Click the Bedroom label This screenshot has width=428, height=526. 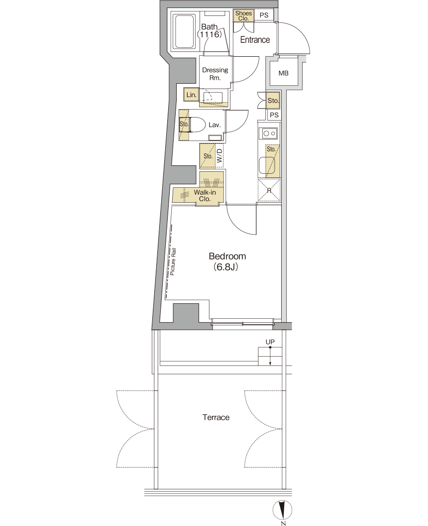pyautogui.click(x=227, y=257)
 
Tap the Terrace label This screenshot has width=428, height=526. pyautogui.click(x=216, y=417)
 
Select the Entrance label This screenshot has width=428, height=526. pyautogui.click(x=255, y=39)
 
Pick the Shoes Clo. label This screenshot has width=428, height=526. pyautogui.click(x=243, y=16)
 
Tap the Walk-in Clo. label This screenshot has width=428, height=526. pyautogui.click(x=205, y=196)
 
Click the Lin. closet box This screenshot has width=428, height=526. pyautogui.click(x=191, y=95)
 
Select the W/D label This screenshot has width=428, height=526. pyautogui.click(x=219, y=156)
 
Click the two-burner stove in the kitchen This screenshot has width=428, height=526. pyautogui.click(x=270, y=133)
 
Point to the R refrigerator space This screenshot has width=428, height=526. pyautogui.click(x=269, y=190)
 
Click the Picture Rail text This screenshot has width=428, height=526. pyautogui.click(x=173, y=262)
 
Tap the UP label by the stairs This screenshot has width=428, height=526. pyautogui.click(x=270, y=342)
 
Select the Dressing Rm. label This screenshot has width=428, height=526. pyautogui.click(x=215, y=74)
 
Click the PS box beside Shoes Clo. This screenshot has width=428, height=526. pyautogui.click(x=264, y=15)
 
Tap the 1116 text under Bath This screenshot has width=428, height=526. pyautogui.click(x=210, y=34)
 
